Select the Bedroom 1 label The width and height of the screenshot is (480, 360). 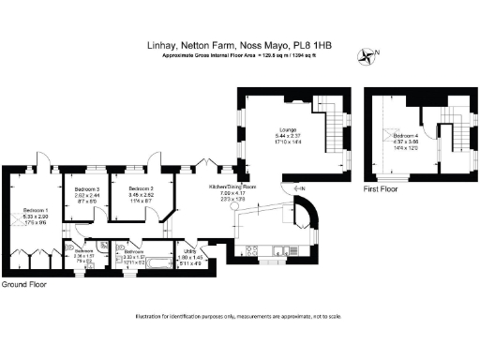[35, 210]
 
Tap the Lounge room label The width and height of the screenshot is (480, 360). [287, 130]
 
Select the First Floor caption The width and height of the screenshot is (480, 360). [382, 188]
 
